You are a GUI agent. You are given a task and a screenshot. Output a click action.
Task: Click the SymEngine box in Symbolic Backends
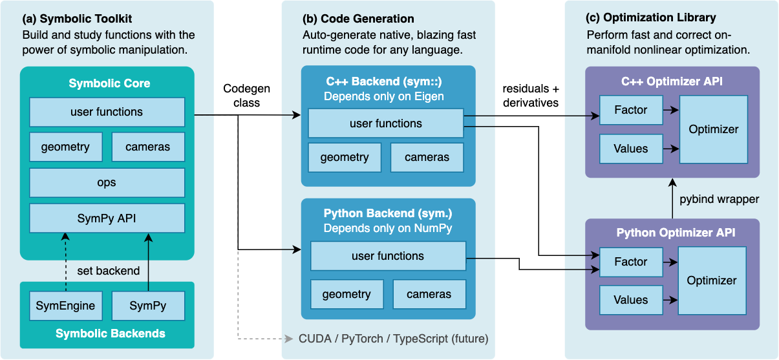click(65, 306)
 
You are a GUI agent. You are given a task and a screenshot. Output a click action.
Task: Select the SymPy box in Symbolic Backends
click(148, 306)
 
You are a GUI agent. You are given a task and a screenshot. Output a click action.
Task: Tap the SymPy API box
click(107, 218)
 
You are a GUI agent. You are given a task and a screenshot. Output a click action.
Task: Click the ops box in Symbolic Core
click(107, 183)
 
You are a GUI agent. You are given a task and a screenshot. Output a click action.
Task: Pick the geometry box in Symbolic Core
click(65, 147)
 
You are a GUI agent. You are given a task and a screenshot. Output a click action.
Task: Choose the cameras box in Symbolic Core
click(148, 147)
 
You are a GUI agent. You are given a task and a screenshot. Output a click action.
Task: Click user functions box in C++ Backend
click(386, 123)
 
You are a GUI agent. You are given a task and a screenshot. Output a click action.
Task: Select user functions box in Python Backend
click(388, 256)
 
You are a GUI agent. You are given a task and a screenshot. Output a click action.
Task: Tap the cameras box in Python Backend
click(429, 294)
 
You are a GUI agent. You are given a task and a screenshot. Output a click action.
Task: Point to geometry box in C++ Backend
click(345, 157)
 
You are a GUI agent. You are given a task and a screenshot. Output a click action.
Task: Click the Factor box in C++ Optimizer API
click(631, 110)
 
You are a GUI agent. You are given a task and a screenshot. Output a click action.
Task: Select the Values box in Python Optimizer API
click(631, 300)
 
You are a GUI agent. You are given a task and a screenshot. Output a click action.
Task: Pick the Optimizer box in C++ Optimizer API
click(714, 129)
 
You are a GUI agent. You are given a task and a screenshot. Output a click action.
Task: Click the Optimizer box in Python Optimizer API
click(712, 281)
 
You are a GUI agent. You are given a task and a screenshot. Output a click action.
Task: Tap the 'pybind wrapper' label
click(719, 199)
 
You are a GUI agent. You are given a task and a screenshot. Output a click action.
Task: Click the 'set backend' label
click(108, 271)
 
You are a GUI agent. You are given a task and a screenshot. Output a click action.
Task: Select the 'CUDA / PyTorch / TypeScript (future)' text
click(393, 339)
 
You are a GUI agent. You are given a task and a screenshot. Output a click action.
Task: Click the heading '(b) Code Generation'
click(359, 19)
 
